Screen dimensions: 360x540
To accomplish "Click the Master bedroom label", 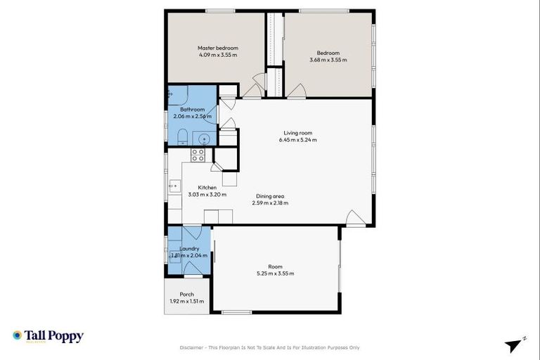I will tap(217, 49).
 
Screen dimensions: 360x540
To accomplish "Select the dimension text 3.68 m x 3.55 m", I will tap(328, 60).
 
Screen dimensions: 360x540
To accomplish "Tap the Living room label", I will tap(297, 132).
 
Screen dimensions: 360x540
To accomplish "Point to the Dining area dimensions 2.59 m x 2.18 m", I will tap(270, 203).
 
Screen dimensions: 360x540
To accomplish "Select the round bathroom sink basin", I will tap(203, 139).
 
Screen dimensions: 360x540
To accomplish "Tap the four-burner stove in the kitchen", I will tap(198, 155).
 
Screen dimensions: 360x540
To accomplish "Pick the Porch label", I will tap(186, 294).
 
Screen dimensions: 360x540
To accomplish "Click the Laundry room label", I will tap(189, 248).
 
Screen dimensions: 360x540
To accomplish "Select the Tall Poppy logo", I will tap(48, 336).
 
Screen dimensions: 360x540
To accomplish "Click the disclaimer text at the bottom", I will tap(270, 347).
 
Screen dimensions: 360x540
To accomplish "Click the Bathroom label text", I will tap(192, 110).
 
